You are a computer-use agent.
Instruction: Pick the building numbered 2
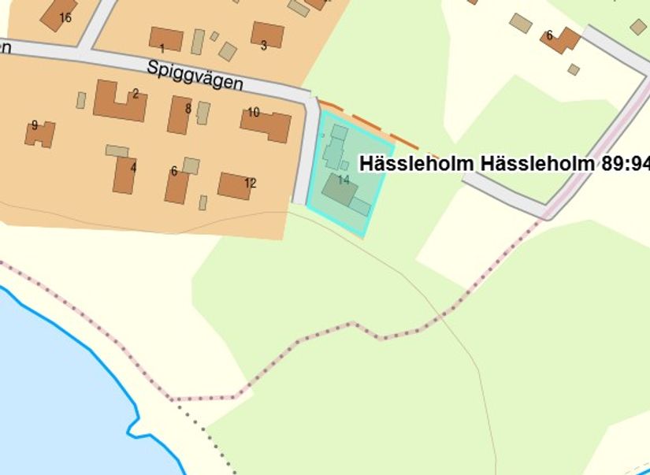(119, 101)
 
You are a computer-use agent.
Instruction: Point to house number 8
(180, 115)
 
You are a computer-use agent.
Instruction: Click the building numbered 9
(39, 134)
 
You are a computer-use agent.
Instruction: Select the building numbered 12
(235, 186)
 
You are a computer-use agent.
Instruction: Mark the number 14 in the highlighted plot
(344, 180)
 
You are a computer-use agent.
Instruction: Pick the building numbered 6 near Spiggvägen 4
(176, 186)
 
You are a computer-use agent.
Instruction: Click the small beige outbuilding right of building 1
(197, 41)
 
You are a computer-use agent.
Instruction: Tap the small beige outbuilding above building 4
(117, 150)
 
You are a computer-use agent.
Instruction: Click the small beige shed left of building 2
(80, 100)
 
